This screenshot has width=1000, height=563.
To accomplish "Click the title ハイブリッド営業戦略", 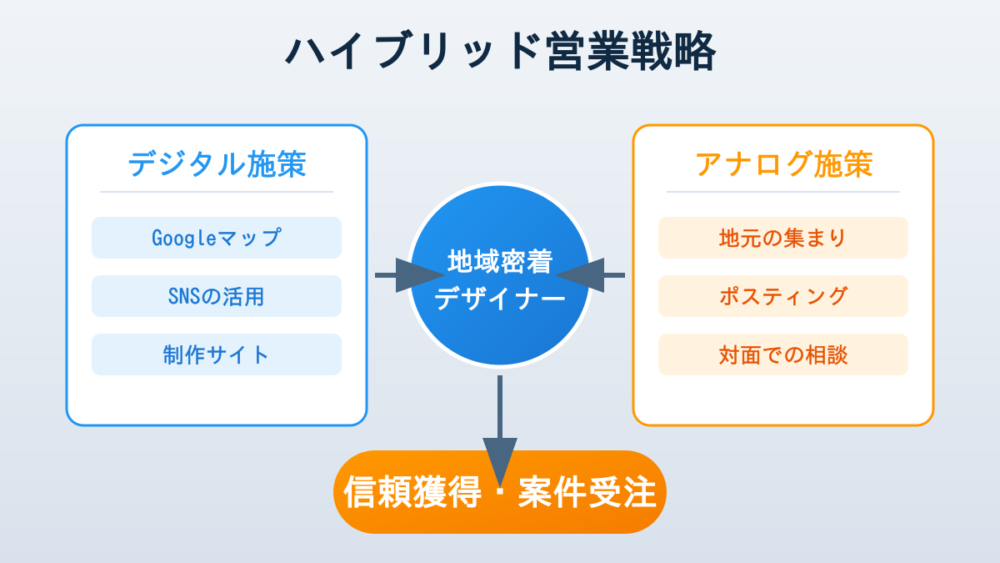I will (x=500, y=52).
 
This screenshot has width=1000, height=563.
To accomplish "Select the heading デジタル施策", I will (x=217, y=163).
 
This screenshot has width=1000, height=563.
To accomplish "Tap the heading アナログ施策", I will (x=783, y=163).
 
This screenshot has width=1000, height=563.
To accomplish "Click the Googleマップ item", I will (x=217, y=238).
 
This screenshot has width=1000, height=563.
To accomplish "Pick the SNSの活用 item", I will (x=217, y=296).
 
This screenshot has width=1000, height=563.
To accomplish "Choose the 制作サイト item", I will (x=217, y=354).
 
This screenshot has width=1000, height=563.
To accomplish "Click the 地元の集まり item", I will (x=783, y=238).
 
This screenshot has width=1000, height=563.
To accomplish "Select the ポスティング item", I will (x=783, y=296).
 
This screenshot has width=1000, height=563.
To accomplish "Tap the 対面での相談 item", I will (x=783, y=354).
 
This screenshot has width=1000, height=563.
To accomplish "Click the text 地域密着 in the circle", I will (x=500, y=261).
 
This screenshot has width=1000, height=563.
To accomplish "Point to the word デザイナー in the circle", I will (x=500, y=298).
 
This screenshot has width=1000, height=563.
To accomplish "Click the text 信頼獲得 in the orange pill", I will (x=412, y=493).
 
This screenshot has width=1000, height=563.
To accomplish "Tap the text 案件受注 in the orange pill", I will (x=587, y=493).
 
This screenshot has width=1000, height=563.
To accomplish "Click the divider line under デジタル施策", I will (x=217, y=192).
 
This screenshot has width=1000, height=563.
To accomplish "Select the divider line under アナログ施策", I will (x=783, y=192).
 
